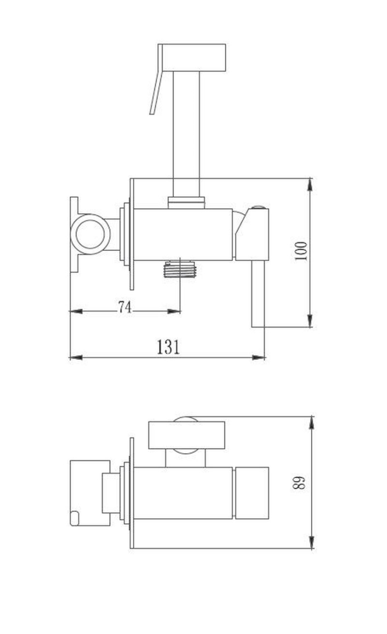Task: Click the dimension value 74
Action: tap(125, 307)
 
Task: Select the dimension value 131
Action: tap(168, 347)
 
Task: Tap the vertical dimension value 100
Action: tap(300, 251)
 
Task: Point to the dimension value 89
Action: tap(299, 482)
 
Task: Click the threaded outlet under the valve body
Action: tap(180, 269)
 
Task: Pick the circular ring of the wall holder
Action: tap(90, 235)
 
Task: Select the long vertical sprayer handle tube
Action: tap(186, 134)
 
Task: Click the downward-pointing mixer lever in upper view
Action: tap(258, 294)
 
